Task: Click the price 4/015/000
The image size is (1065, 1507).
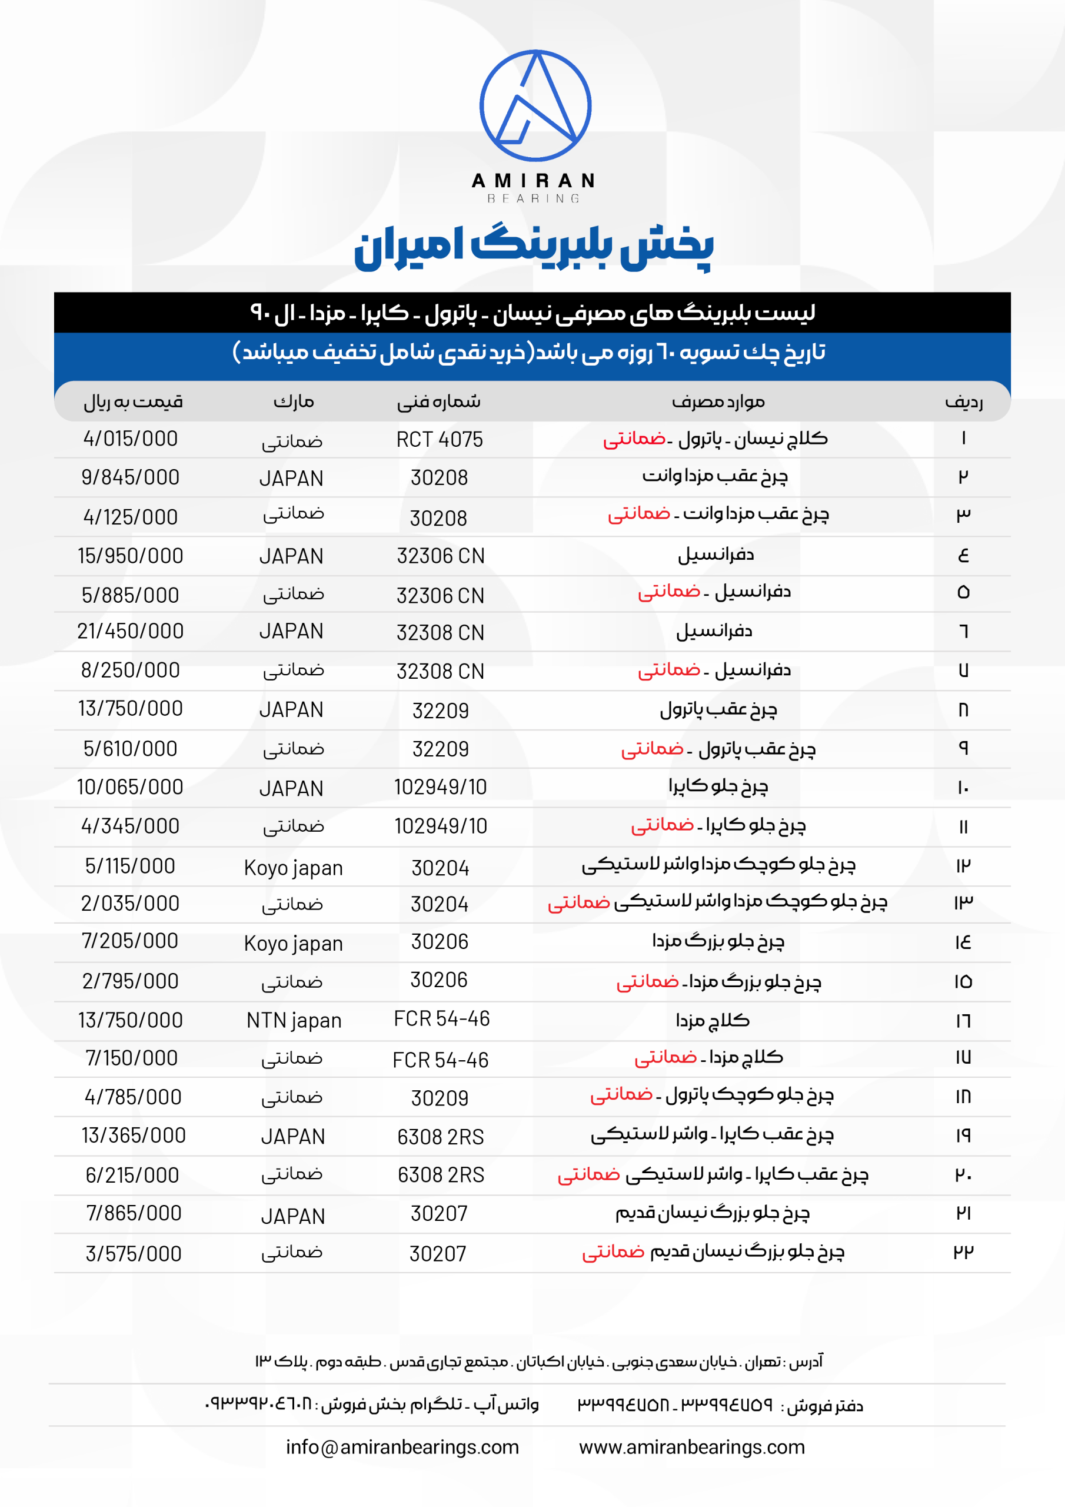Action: coord(131,439)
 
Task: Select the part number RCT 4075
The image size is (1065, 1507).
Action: coord(439,439)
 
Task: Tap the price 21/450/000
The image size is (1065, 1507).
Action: coord(131,630)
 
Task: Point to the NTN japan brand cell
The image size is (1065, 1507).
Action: coord(294,1020)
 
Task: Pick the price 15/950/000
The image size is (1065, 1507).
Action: coord(131,556)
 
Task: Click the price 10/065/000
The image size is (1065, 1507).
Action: coord(130,787)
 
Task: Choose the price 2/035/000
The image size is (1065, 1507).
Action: coord(130,903)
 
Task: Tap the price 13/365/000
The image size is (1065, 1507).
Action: coord(133,1135)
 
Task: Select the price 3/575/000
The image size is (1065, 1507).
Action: coord(133,1254)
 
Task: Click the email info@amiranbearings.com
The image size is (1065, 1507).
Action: coord(402,1446)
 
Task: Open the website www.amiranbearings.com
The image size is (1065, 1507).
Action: coord(691,1446)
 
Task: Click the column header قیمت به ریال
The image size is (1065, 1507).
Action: coord(133,401)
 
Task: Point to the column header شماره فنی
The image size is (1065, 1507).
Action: coord(438,401)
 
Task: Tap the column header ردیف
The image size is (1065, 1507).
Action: coord(963,401)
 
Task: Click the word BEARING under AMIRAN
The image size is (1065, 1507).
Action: coord(534,198)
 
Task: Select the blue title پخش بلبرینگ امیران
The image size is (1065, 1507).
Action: coord(534,247)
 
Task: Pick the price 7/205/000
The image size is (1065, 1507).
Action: coord(130,941)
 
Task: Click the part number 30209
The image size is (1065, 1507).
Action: coord(440,1097)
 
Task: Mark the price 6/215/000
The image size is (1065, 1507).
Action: coord(132,1175)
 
